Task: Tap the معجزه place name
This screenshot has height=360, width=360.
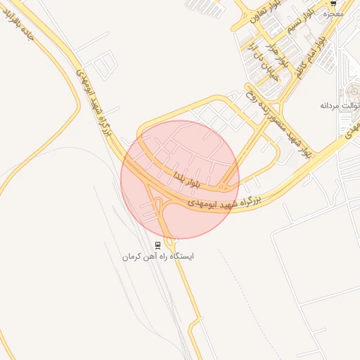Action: [335, 13]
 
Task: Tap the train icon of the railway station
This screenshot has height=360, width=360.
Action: [158, 245]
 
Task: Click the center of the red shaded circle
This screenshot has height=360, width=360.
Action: [180, 179]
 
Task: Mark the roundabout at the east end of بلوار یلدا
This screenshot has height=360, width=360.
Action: [223, 186]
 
